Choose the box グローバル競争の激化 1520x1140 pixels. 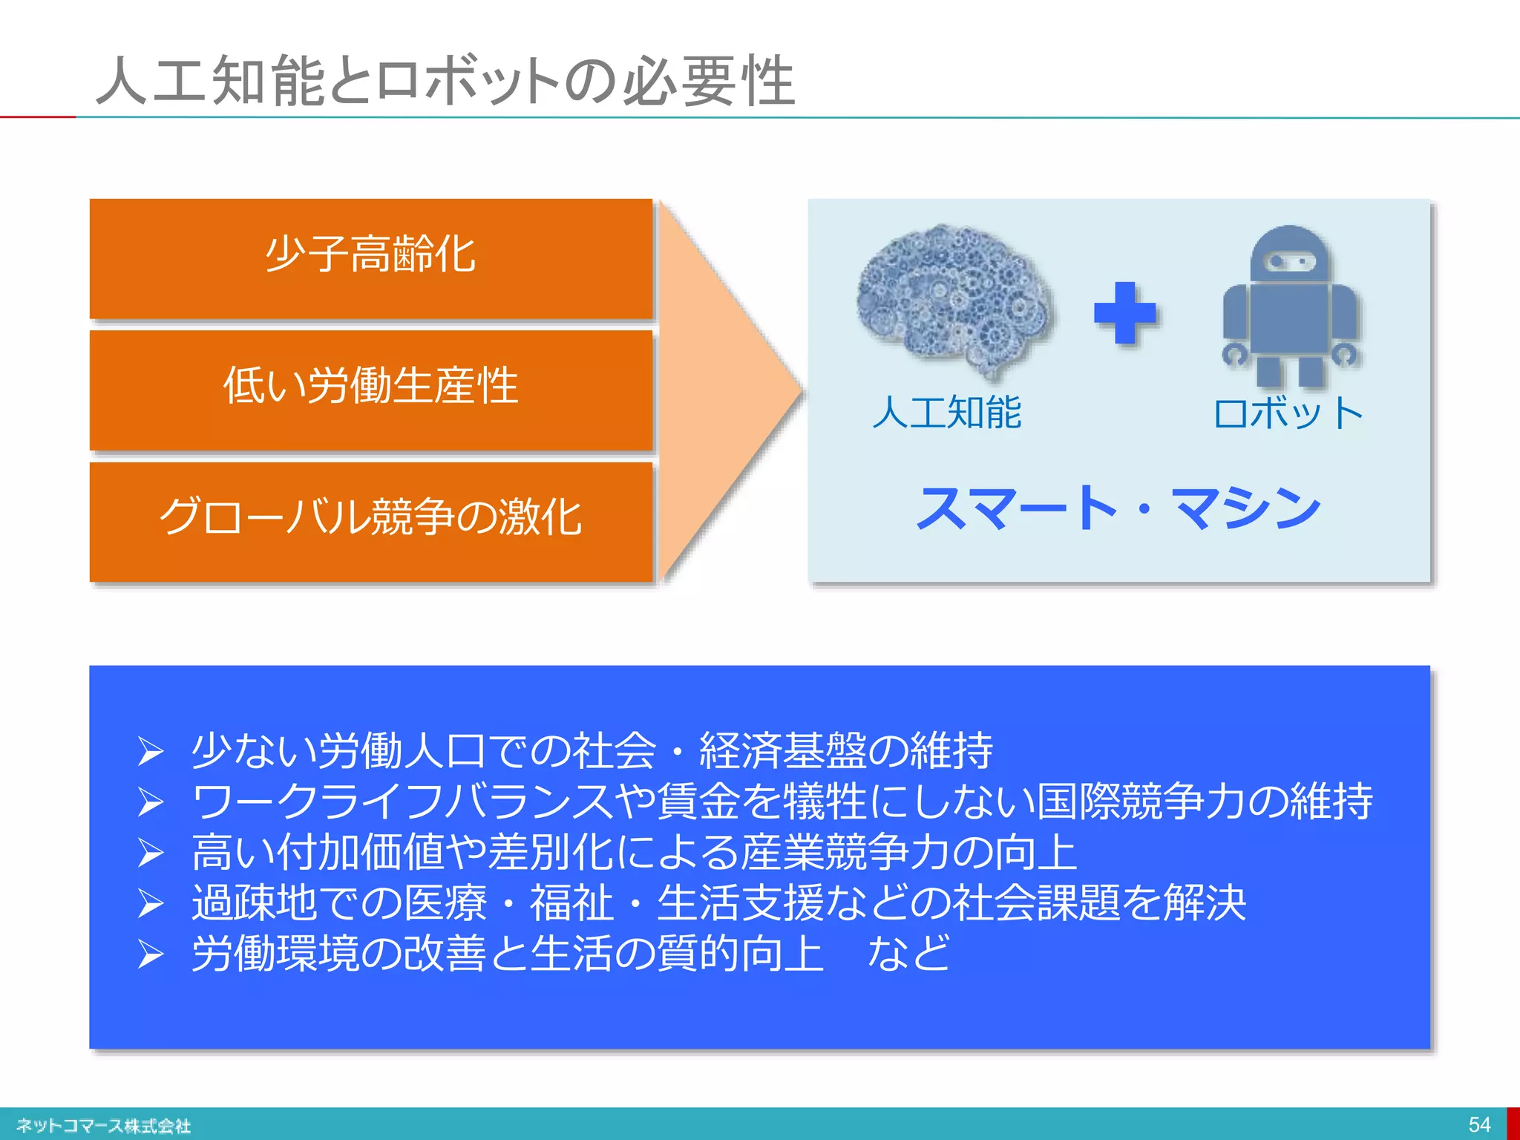[370, 520]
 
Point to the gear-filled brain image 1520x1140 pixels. [954, 297]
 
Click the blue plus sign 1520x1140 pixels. [1124, 313]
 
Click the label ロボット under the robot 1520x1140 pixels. [1288, 413]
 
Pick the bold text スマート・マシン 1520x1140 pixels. [1118, 509]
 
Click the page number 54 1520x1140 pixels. [1478, 1124]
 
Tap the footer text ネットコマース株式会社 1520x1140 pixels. [103, 1125]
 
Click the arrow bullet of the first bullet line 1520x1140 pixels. [150, 751]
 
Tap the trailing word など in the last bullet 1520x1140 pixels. [908, 953]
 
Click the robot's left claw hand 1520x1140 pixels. [1235, 354]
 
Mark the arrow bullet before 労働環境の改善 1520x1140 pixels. [150, 954]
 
